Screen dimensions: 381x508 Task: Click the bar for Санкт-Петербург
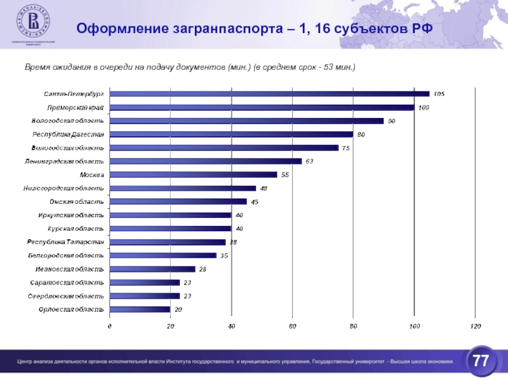tap(269, 94)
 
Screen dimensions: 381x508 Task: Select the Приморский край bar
tap(262, 107)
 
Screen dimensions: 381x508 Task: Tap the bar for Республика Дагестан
tap(231, 134)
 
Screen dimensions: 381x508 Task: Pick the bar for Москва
tap(193, 175)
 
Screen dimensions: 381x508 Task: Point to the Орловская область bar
tap(140, 309)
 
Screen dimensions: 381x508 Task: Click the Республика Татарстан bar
tap(168, 242)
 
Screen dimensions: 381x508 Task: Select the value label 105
tap(439, 94)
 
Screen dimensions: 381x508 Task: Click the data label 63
tap(309, 161)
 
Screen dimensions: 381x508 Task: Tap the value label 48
tap(264, 189)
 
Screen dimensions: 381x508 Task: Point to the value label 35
tap(224, 255)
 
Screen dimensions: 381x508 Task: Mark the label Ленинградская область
tap(64, 161)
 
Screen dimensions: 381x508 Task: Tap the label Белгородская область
tap(66, 255)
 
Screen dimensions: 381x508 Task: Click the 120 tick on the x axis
tap(475, 326)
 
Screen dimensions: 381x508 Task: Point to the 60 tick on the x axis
tap(292, 326)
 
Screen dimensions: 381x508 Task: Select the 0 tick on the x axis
tap(109, 326)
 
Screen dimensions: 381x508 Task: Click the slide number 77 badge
tap(481, 362)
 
